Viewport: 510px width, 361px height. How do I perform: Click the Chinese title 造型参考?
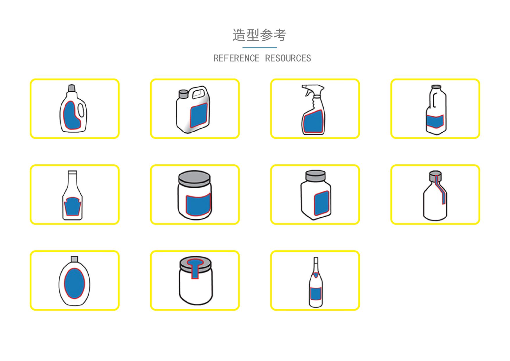tap(259, 35)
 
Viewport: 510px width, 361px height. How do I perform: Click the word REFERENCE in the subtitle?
tap(236, 58)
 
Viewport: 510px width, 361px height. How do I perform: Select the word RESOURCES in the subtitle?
tap(288, 58)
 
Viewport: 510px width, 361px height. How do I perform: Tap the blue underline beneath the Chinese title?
tap(259, 48)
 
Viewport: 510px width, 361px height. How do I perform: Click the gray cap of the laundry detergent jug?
tap(72, 88)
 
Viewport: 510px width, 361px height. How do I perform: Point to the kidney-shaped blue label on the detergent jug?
tap(71, 115)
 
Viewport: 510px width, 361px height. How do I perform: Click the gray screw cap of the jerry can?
tap(183, 94)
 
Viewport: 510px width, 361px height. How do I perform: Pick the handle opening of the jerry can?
tap(199, 93)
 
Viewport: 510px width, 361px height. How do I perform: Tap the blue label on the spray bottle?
tap(313, 122)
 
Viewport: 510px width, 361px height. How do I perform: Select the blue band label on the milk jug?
tap(435, 121)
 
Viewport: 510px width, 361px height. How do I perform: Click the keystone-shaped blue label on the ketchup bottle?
tap(72, 207)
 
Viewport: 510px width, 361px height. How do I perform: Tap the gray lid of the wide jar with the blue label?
tap(195, 178)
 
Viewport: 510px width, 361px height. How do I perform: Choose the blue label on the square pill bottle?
tap(322, 203)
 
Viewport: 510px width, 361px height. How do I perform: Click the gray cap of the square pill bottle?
tap(315, 176)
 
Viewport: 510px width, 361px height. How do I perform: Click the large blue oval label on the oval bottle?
tap(74, 284)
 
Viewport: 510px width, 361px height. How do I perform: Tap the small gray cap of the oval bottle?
tap(74, 259)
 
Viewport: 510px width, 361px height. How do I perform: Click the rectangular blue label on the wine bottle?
tap(315, 294)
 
